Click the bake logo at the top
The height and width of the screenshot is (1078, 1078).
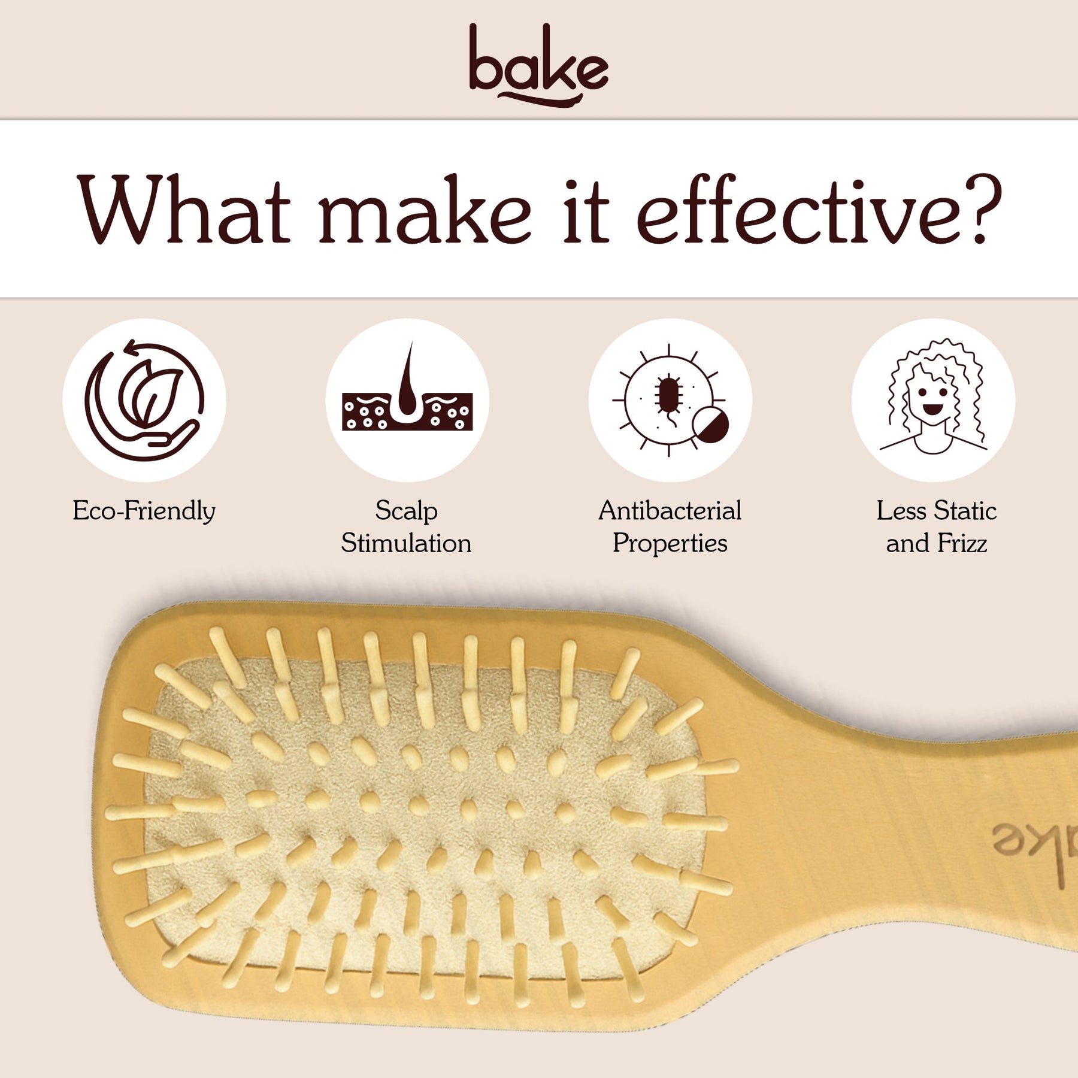pyautogui.click(x=538, y=65)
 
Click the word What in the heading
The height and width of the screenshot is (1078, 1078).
pyautogui.click(x=184, y=210)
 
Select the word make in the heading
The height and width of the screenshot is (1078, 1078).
pyautogui.click(x=425, y=210)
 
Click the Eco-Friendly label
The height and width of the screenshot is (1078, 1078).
pyautogui.click(x=144, y=511)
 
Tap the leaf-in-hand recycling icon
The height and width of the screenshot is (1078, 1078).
pyautogui.click(x=144, y=400)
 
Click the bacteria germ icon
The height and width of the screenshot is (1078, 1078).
pyautogui.click(x=670, y=400)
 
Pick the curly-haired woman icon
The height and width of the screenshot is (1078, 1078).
pyautogui.click(x=934, y=396)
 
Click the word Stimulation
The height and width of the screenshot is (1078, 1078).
pyautogui.click(x=407, y=544)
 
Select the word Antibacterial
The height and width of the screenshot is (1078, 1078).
pyautogui.click(x=670, y=511)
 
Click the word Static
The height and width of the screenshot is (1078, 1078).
pyautogui.click(x=965, y=511)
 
